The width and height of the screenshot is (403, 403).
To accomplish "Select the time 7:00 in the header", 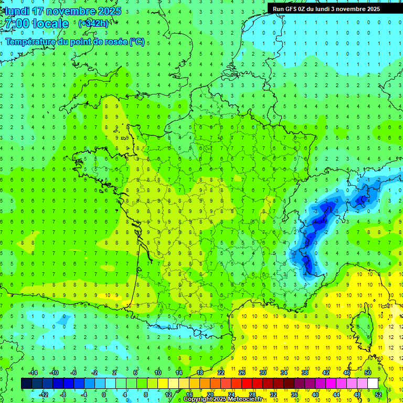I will tap(16, 24).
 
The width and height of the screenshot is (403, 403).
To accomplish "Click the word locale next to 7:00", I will tap(50, 24).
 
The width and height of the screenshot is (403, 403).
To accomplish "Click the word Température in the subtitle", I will tap(29, 42).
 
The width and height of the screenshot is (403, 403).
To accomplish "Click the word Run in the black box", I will tap(277, 9).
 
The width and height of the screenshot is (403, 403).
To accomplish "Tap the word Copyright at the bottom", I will tap(199, 399).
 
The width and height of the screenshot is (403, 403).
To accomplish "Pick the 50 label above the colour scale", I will tap(368, 373).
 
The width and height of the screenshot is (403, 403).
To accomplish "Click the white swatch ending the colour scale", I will tap(373, 384).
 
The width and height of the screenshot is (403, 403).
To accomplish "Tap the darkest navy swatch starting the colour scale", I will tap(26, 384).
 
